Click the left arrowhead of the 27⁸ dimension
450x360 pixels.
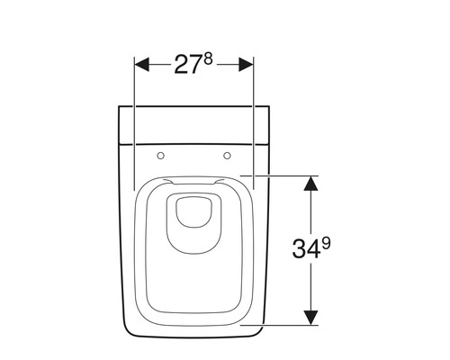pos(142,65)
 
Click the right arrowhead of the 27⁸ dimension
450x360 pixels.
pos(246,65)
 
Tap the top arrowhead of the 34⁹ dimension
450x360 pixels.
pos(310,183)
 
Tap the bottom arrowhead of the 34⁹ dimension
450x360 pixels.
pos(310,318)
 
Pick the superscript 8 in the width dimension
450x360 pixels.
pos(208,59)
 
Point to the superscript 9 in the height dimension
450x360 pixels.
pos(326,244)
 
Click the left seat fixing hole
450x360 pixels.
pos(161,156)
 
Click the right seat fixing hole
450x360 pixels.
pos(228,156)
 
